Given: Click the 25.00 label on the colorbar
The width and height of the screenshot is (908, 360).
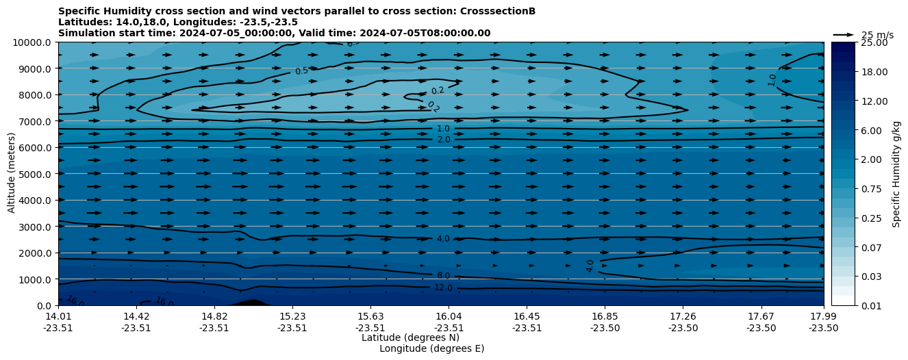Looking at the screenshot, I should [x=872, y=42].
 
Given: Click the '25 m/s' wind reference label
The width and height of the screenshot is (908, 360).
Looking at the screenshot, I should [x=877, y=35].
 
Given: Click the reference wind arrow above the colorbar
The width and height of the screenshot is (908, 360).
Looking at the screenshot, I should [x=844, y=34].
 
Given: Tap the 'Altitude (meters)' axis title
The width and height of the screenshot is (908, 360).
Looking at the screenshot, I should [x=12, y=174].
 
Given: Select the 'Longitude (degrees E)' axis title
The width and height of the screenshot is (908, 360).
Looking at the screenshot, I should [x=431, y=348].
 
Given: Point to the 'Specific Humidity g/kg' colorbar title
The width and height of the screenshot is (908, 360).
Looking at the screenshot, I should [x=896, y=174].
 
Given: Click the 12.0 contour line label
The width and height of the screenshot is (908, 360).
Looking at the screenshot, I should [x=443, y=288].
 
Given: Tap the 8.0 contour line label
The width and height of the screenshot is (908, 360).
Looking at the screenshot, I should [x=443, y=276].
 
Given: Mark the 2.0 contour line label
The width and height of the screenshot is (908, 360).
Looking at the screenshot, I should [x=443, y=140].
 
